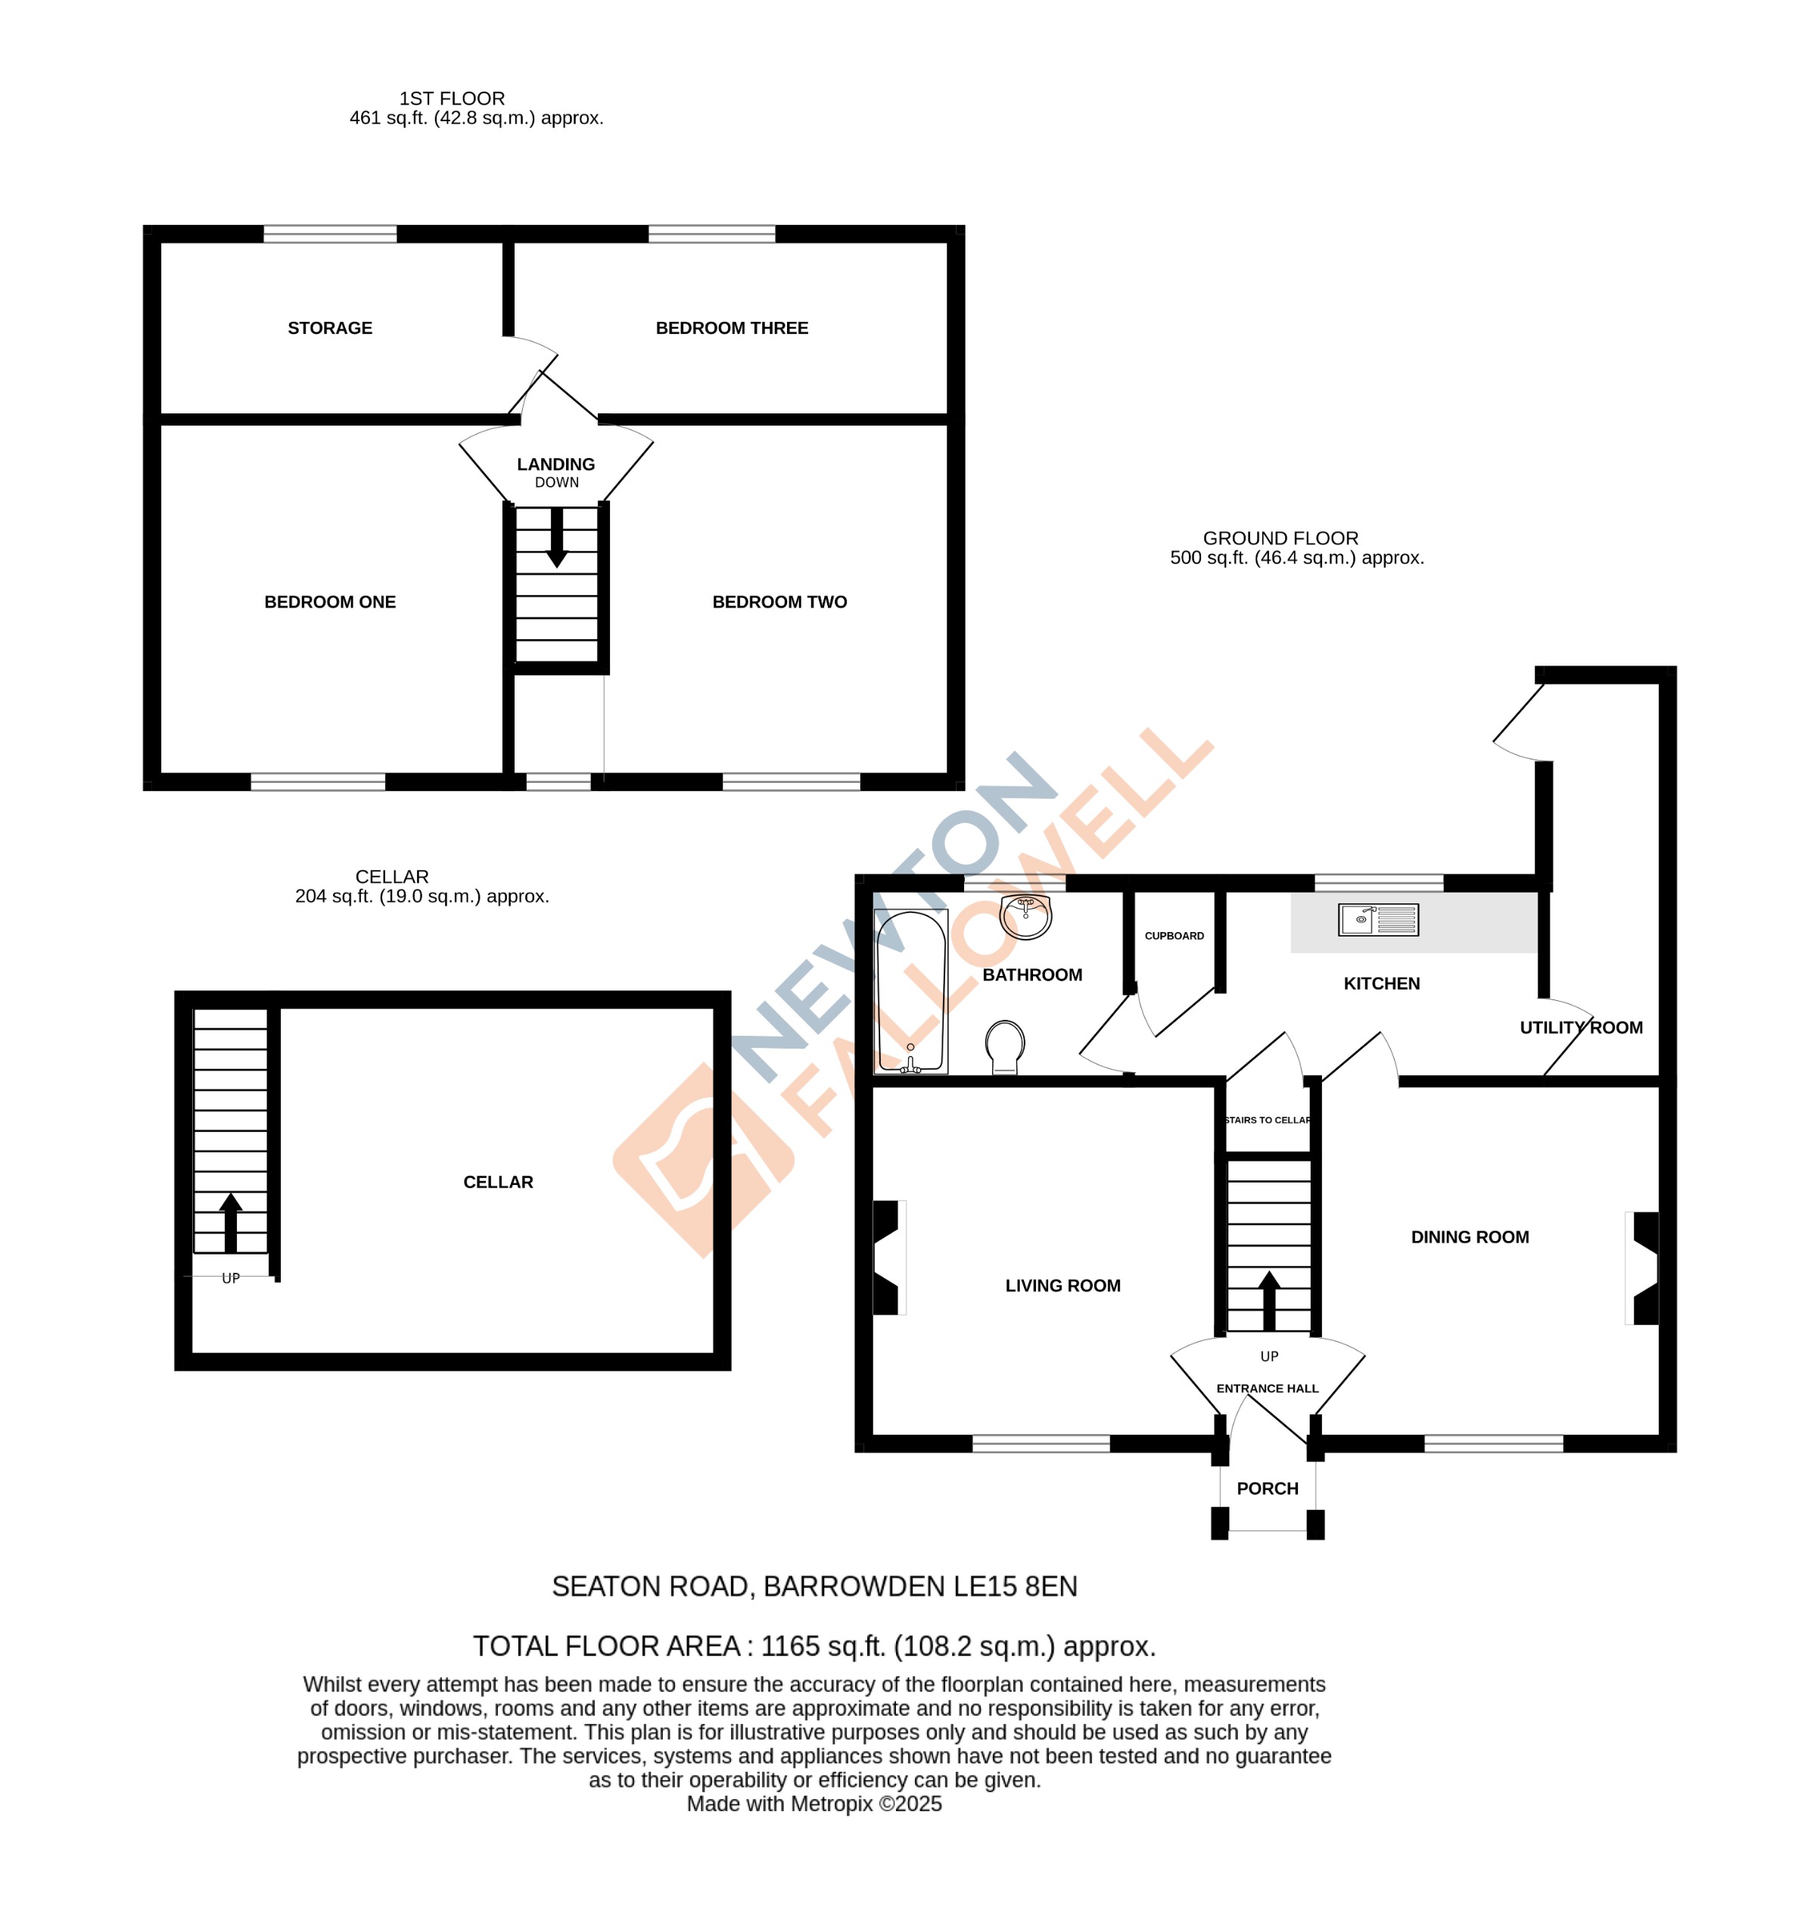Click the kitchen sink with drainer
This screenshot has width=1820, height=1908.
click(x=1377, y=919)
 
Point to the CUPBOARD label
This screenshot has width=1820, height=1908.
click(x=1174, y=936)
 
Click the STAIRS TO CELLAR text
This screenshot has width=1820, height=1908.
click(x=1267, y=1120)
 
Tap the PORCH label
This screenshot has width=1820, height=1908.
click(x=1267, y=1488)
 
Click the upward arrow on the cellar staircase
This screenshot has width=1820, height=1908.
click(x=231, y=1222)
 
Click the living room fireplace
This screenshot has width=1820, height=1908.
click(x=888, y=1258)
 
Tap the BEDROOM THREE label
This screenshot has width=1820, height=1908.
click(x=732, y=328)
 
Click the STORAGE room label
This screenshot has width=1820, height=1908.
click(x=330, y=328)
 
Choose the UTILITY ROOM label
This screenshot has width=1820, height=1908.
click(x=1580, y=1027)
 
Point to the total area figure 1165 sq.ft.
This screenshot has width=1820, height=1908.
click(x=823, y=1646)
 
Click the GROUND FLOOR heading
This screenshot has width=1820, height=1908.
click(x=1280, y=538)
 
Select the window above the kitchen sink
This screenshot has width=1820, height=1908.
click(x=1379, y=882)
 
